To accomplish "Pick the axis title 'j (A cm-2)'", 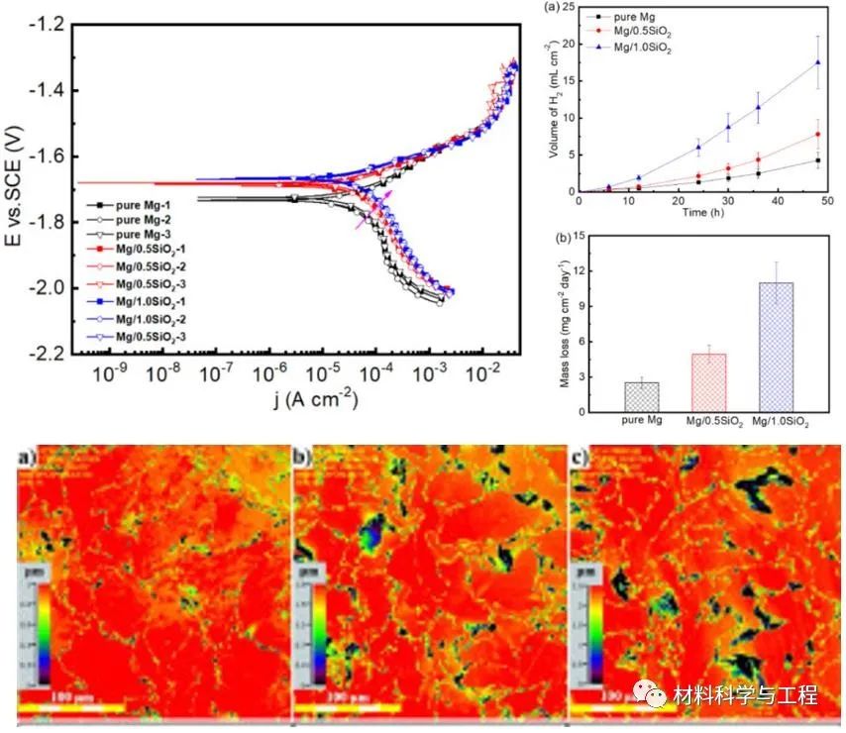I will [x=296, y=399].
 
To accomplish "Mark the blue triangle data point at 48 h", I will [x=817, y=62].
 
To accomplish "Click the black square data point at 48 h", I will [x=817, y=160].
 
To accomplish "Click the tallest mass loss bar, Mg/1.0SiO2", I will [x=776, y=348].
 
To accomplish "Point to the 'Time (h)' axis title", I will [x=698, y=213].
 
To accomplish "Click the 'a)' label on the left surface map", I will [x=29, y=458].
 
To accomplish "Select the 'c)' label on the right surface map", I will [x=582, y=458].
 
